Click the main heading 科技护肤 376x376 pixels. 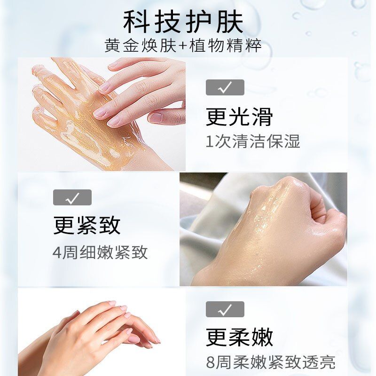pos(183,22)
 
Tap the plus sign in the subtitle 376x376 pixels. pos(182,46)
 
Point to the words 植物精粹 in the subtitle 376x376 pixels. pos(225,45)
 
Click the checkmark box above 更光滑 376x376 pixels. pos(225,87)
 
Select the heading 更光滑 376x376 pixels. pos(239,117)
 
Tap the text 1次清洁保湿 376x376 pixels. pos(253,141)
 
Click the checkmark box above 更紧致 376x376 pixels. pos(72,197)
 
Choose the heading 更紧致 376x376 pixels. pos(86,225)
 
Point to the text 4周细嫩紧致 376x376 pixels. pos(100,252)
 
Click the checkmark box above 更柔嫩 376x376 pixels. pos(225,309)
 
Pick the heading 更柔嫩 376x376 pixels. pos(239,337)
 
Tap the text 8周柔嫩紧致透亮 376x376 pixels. pos(271,362)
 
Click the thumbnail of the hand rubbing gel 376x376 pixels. pos(102,114)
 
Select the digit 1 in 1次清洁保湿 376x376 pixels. pos(209,142)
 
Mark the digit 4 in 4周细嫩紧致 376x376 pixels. pos(57,253)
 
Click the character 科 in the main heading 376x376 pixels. pos(135,22)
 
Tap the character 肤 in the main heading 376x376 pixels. pos(230,22)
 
